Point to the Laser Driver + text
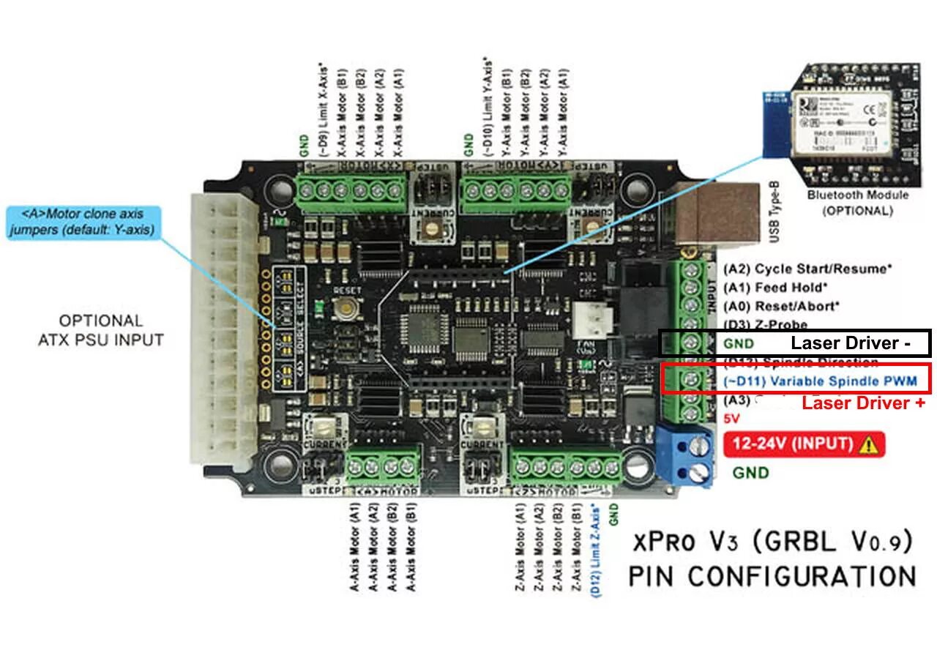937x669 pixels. pyautogui.click(x=864, y=403)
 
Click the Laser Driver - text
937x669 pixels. pyautogui.click(x=845, y=343)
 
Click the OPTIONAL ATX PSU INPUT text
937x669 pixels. pyautogui.click(x=101, y=330)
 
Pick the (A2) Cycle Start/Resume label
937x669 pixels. pyautogui.click(x=807, y=269)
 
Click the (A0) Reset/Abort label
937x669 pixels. pyautogui.click(x=781, y=306)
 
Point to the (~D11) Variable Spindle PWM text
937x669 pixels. pyautogui.click(x=802, y=381)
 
